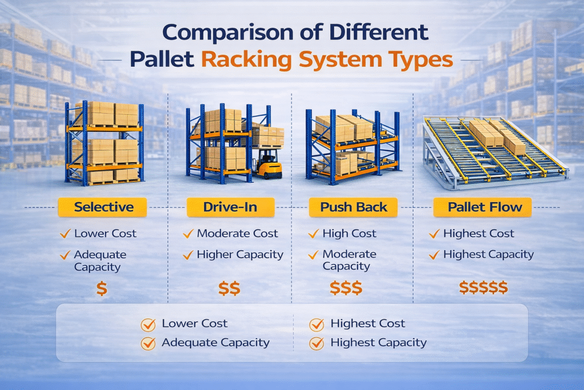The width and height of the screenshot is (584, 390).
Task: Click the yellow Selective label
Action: (103, 207)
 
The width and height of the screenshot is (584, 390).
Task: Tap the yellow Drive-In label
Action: (230, 207)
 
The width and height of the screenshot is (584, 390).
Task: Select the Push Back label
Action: (354, 207)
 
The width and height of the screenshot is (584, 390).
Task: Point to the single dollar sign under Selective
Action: (102, 288)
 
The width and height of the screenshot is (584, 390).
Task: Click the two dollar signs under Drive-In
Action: (229, 288)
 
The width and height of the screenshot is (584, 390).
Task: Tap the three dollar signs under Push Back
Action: (346, 288)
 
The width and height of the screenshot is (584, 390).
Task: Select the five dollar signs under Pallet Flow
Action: (483, 288)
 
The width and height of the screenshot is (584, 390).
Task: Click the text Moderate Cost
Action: (237, 234)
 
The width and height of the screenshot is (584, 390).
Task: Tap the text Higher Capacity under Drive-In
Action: (240, 255)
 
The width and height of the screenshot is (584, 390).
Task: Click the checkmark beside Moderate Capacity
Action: (313, 255)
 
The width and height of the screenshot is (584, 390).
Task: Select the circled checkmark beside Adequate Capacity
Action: (148, 343)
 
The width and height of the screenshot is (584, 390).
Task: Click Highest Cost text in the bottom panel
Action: (368, 324)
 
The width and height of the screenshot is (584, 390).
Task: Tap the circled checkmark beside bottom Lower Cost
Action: (148, 324)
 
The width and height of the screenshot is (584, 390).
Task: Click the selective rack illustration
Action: (104, 143)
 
